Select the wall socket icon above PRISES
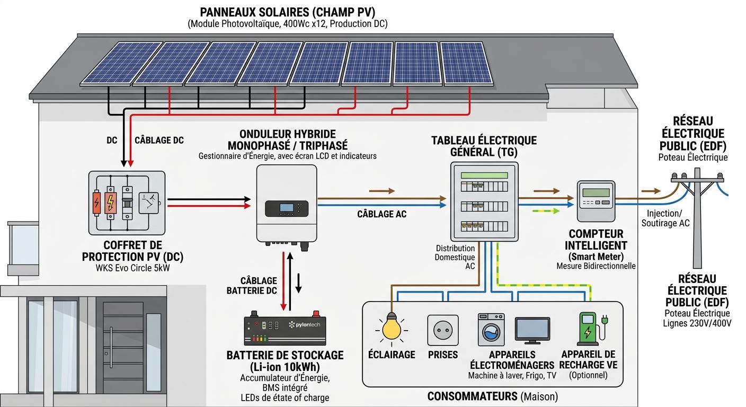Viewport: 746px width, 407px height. click(x=442, y=331)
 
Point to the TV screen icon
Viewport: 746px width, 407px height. click(x=532, y=330)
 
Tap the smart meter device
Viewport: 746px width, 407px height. click(x=596, y=201)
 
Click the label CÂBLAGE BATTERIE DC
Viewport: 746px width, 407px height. click(x=252, y=285)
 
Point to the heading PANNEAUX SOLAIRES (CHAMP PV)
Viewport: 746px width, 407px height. click(x=288, y=12)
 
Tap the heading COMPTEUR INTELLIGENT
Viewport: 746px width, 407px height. click(x=596, y=240)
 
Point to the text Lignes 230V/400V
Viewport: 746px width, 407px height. click(x=697, y=323)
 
